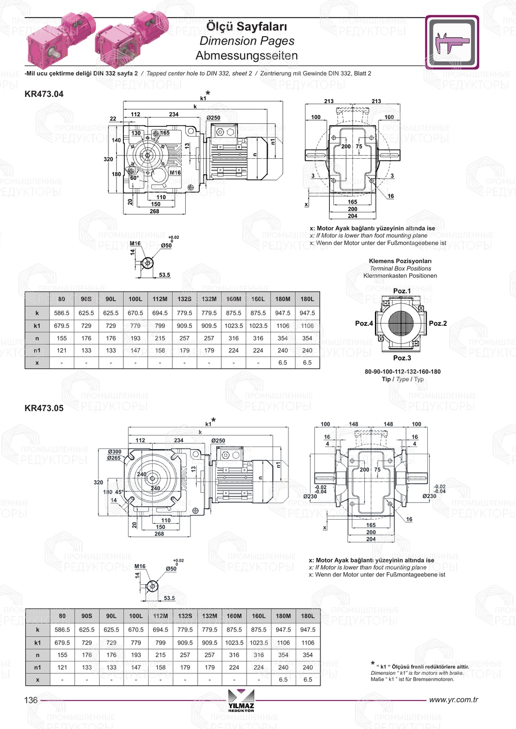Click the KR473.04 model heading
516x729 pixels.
tap(44, 94)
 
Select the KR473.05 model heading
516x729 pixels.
tap(44, 408)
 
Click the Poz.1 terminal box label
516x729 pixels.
tap(402, 291)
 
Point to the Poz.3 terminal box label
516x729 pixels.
tap(402, 358)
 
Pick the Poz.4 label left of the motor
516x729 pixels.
tap(364, 323)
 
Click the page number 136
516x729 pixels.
tap(31, 700)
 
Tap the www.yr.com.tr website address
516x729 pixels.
tap(454, 700)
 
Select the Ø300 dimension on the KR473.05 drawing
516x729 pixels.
tap(115, 452)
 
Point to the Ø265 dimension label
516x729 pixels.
tap(114, 458)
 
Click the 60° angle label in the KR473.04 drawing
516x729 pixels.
tap(134, 178)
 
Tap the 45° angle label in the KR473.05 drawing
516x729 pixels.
tap(119, 492)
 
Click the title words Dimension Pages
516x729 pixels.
tap(247, 41)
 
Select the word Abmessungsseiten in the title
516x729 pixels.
tap(247, 55)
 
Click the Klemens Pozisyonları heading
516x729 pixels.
tap(400, 261)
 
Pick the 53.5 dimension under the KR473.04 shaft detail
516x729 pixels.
tap(165, 275)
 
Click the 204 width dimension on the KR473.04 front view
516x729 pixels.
tap(352, 216)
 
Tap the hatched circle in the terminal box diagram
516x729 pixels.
tap(401, 323)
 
